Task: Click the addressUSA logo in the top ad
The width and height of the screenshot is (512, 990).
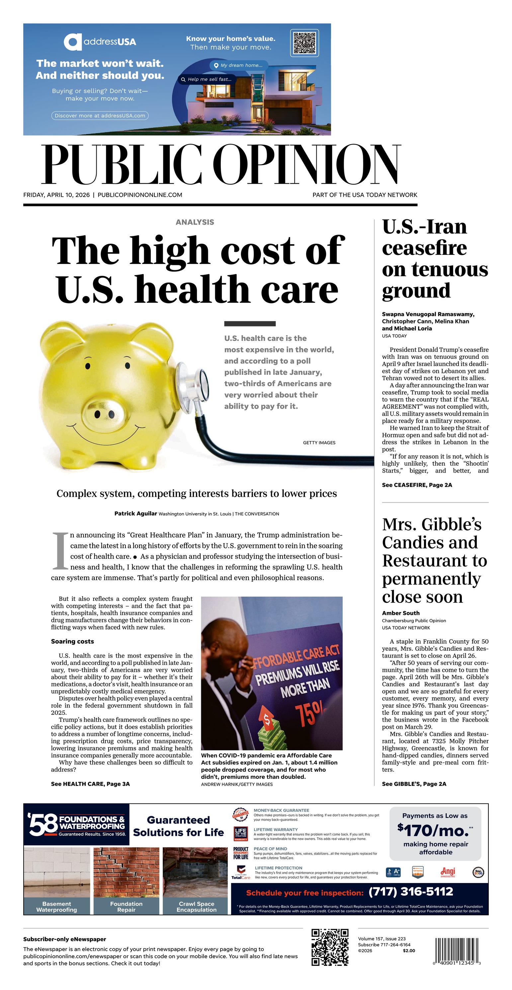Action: (x=100, y=42)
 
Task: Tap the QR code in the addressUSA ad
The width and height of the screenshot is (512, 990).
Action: (x=304, y=42)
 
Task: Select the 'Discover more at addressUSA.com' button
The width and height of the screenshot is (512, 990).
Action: (x=100, y=115)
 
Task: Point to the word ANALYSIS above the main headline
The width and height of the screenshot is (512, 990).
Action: (x=195, y=222)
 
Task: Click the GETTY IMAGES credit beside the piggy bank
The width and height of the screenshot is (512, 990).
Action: (x=319, y=443)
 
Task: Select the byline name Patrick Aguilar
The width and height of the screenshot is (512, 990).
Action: (x=135, y=513)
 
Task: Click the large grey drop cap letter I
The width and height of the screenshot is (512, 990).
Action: (x=60, y=550)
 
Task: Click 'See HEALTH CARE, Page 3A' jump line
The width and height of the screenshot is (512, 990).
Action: (x=90, y=784)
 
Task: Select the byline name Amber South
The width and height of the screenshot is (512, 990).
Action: (x=401, y=613)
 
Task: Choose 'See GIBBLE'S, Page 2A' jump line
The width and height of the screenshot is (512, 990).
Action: (x=414, y=784)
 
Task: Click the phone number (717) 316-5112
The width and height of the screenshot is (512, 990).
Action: (x=411, y=892)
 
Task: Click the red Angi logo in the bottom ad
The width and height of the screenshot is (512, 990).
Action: (x=448, y=872)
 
